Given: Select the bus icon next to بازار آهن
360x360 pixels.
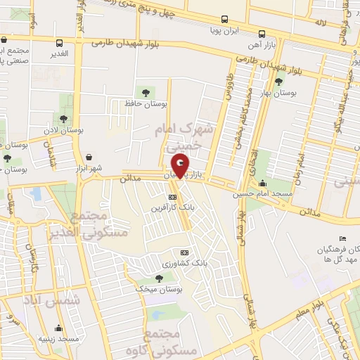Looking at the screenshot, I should point(262,34).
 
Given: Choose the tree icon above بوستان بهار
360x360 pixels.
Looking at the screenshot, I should point(279,82).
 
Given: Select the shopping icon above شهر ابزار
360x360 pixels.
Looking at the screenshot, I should point(89,157).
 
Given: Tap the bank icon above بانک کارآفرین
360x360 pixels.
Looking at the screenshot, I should point(172,197).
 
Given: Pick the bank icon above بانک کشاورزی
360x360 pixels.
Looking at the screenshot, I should point(184,252).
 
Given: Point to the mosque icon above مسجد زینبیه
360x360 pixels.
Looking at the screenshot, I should point(60,328).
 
